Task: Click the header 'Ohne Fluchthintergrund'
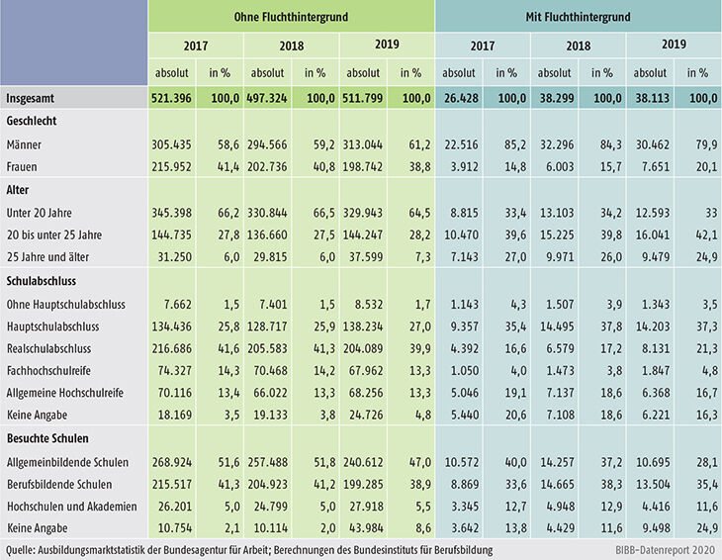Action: click(291, 16)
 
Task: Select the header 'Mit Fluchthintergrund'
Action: click(578, 16)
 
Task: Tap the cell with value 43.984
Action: click(364, 508)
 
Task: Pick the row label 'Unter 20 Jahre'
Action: click(41, 212)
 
